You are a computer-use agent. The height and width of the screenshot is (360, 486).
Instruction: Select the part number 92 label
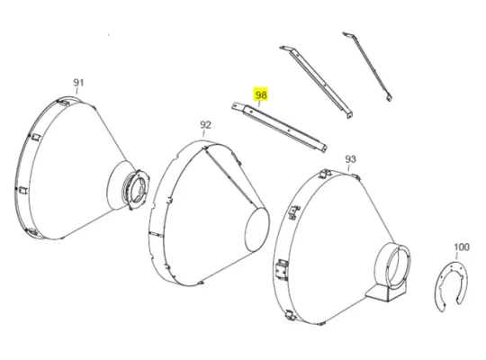tap(205, 124)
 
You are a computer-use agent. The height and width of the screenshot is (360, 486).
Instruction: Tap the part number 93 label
tap(350, 158)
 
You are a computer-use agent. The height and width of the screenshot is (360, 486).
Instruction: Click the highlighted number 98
tap(262, 94)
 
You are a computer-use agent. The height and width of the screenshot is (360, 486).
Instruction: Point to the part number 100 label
tap(461, 247)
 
